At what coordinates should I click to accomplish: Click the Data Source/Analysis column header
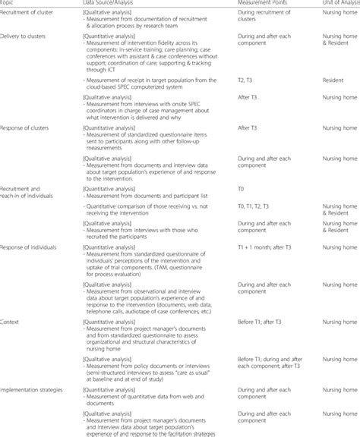click(113, 3)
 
